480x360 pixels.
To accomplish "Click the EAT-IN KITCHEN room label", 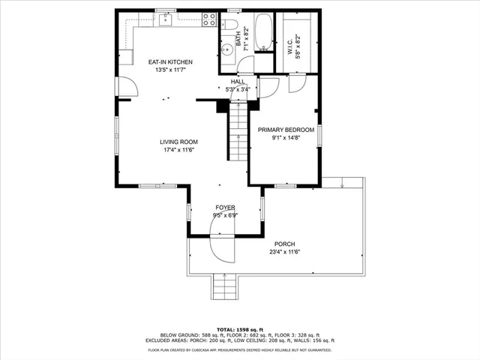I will coord(170,61).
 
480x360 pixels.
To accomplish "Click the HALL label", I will coord(238,81).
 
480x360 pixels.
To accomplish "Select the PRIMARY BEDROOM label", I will coord(286,130).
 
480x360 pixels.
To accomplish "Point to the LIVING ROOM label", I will coord(178,142).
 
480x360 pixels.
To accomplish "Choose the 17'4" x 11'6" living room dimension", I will coord(178,150).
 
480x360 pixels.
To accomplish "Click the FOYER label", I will coord(226,207).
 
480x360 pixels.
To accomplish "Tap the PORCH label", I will coord(284,244).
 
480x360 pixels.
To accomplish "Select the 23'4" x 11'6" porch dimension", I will coord(284,252).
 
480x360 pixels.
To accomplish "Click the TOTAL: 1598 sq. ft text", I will coord(239,329).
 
